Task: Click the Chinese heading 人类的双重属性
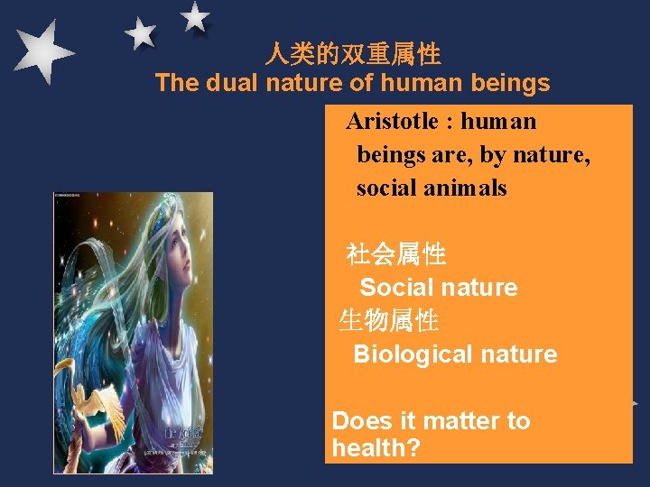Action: click(x=353, y=55)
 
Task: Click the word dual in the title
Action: click(x=230, y=84)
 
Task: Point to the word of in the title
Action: click(x=364, y=84)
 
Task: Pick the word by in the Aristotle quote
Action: click(x=493, y=155)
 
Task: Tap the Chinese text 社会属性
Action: click(x=396, y=255)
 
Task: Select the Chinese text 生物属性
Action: click(x=389, y=320)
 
